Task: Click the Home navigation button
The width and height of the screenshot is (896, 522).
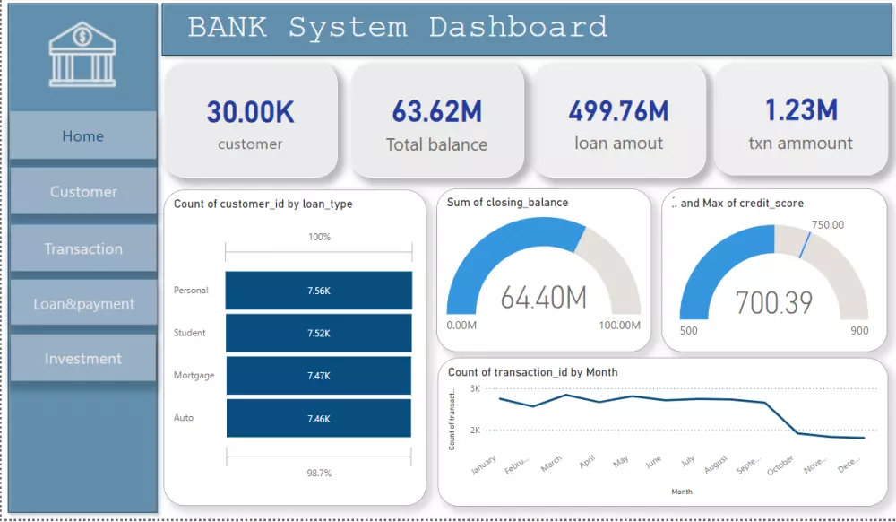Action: pos(82,136)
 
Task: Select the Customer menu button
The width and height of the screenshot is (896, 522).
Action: pos(83,192)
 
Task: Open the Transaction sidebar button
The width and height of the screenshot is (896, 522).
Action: pos(83,248)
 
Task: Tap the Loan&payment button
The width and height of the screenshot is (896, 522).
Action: pos(83,304)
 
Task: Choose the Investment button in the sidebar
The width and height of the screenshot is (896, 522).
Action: pos(83,359)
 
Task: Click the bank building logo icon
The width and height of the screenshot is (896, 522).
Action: pos(82,54)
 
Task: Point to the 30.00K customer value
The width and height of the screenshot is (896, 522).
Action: pos(250,112)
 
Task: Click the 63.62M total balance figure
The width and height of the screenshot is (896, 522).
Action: pos(436,112)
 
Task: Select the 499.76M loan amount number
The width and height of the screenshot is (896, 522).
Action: pos(618,111)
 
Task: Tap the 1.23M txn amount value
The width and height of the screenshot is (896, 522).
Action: pos(800,110)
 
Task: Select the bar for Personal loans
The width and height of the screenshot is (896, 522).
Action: pos(318,291)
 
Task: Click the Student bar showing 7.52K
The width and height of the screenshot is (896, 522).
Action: pos(318,333)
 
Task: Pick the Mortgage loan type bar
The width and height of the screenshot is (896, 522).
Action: pos(318,376)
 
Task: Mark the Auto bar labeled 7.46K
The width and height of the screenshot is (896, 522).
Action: pos(318,418)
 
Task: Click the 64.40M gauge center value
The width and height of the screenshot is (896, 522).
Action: pos(543,297)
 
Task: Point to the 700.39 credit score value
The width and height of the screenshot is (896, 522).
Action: pos(773,302)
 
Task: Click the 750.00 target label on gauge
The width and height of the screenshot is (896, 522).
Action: pos(827,225)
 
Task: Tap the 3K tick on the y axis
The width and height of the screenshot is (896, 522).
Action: pos(475,388)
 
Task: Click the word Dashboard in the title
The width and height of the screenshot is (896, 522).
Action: pos(518,27)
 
